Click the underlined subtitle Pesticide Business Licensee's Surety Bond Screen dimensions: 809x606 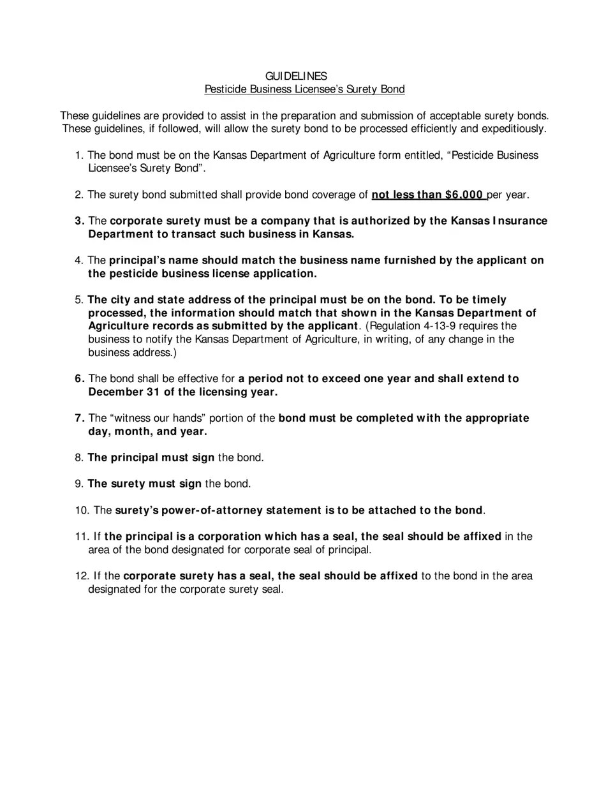point(304,89)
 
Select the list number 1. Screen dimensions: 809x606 point(78,156)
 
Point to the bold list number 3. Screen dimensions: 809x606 point(79,221)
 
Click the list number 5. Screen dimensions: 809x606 point(79,300)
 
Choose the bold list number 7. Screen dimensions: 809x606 point(79,419)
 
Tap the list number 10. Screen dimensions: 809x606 point(82,510)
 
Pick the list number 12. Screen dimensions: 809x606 point(82,576)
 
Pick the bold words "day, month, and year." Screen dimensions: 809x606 point(147,432)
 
